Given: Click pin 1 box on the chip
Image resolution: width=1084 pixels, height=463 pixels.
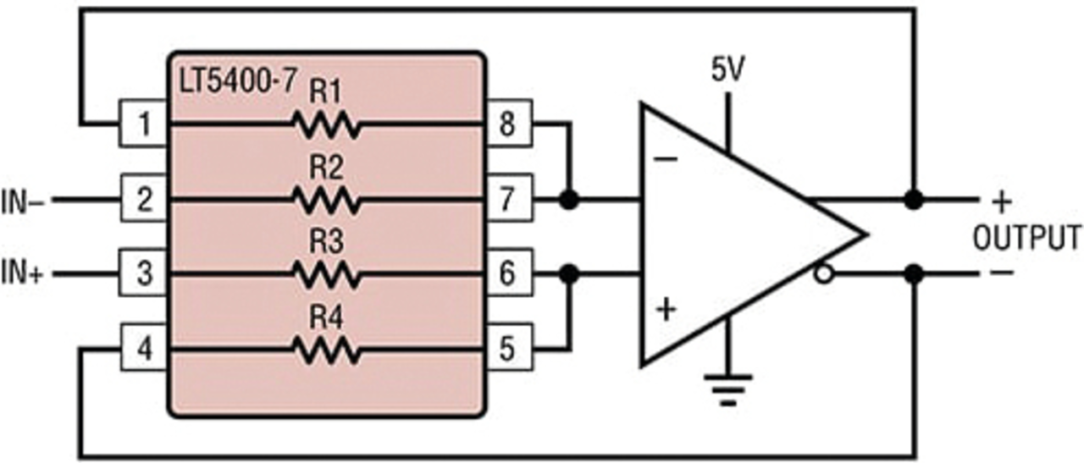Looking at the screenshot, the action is [x=143, y=123].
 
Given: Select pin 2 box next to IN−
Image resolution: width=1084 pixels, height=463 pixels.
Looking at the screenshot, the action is [x=143, y=198].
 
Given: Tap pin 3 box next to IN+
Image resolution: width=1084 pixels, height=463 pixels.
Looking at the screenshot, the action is [x=143, y=273].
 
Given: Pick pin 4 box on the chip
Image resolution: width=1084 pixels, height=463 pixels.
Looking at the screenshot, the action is [x=143, y=347].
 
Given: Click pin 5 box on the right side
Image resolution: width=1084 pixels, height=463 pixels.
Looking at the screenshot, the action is [x=509, y=347].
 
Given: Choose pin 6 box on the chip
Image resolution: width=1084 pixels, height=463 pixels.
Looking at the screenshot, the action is [x=509, y=273].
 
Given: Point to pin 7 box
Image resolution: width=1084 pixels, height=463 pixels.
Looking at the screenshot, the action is [x=509, y=198].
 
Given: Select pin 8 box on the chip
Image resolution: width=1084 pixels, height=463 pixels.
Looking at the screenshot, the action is [x=509, y=123].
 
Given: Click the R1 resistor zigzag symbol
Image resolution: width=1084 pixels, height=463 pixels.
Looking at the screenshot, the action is [x=327, y=124].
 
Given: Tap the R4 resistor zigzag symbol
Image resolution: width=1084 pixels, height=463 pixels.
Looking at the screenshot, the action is [x=327, y=350].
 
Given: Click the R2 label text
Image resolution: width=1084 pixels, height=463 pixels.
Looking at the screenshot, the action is [x=327, y=168].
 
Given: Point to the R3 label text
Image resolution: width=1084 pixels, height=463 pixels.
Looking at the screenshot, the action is [x=327, y=242].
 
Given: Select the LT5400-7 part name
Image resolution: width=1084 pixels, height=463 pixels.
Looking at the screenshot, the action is [x=237, y=80].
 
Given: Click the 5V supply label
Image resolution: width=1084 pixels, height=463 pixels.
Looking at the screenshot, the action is [x=727, y=69].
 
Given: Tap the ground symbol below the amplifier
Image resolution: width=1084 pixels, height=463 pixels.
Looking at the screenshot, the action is [x=727, y=389].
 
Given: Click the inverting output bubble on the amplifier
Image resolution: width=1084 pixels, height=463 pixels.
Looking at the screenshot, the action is [x=824, y=274].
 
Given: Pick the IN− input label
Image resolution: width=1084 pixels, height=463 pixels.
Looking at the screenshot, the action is [x=22, y=201].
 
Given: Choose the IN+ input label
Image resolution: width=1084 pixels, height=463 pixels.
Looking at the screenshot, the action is [x=22, y=273].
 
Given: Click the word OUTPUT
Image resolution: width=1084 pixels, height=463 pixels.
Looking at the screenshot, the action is [x=1027, y=238].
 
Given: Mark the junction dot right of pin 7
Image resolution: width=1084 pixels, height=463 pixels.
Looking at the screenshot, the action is [x=569, y=199].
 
